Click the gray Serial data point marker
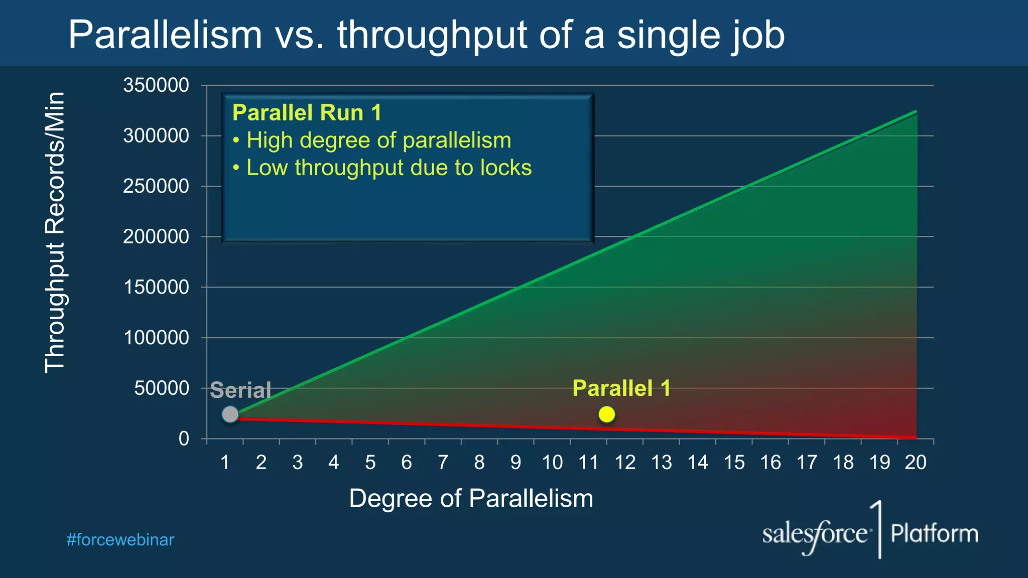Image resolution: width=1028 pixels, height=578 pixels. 230,414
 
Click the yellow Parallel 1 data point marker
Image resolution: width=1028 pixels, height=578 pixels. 606,414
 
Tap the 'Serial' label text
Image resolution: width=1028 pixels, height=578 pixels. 240,390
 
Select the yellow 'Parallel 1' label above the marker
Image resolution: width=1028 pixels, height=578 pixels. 621,388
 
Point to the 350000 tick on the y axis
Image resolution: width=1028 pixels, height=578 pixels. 156,85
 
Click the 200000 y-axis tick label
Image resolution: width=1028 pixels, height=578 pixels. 156,237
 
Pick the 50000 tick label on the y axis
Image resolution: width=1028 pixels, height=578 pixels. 162,388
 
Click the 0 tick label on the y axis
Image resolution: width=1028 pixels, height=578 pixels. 184,439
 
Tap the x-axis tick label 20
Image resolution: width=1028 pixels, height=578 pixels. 916,462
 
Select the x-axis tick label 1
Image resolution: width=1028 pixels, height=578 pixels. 225,462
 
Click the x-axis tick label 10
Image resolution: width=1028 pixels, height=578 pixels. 552,462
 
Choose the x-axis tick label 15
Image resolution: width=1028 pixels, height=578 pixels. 734,462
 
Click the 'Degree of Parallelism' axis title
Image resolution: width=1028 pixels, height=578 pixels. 471,499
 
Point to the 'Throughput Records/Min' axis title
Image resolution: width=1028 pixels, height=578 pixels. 55,232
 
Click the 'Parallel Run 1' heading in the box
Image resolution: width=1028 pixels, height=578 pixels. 307,112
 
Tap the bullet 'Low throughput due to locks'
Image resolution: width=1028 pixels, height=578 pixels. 389,168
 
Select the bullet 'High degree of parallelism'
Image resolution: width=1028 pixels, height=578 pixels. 378,140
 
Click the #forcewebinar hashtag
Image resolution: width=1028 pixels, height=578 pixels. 120,540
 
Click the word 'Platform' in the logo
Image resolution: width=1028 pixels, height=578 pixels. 934,533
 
